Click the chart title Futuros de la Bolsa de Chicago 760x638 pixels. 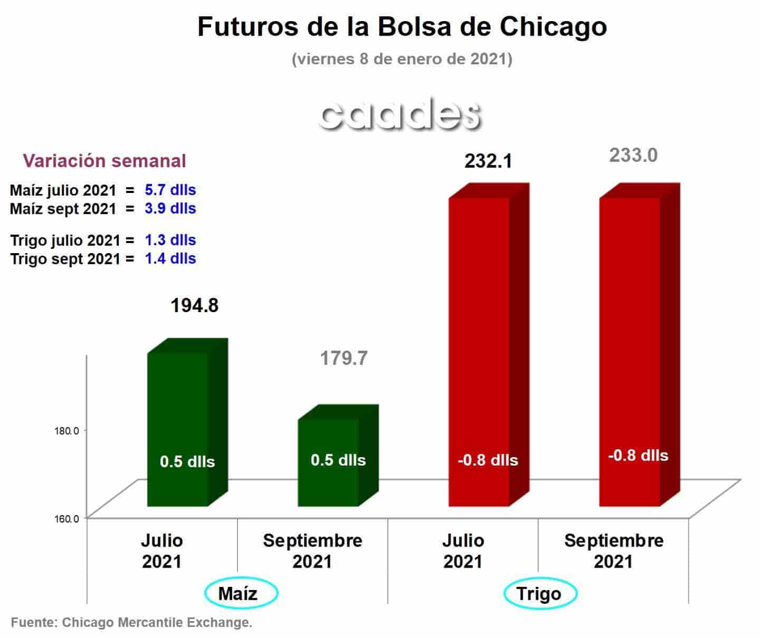tap(402, 26)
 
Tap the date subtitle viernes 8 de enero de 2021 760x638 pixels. tap(402, 59)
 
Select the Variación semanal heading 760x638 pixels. tap(104, 161)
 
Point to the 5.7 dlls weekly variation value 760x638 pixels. tap(170, 190)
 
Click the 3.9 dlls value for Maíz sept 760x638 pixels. tap(170, 208)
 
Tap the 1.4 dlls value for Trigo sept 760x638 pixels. tap(170, 258)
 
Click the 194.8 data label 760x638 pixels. tap(194, 306)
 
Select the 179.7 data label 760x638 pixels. tap(344, 359)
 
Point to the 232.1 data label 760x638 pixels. tap(488, 161)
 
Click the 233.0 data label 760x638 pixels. tap(633, 156)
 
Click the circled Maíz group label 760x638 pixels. tap(237, 594)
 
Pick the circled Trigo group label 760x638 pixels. tap(539, 594)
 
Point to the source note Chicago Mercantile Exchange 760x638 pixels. tap(131, 622)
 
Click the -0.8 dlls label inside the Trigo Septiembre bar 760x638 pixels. tap(638, 456)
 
